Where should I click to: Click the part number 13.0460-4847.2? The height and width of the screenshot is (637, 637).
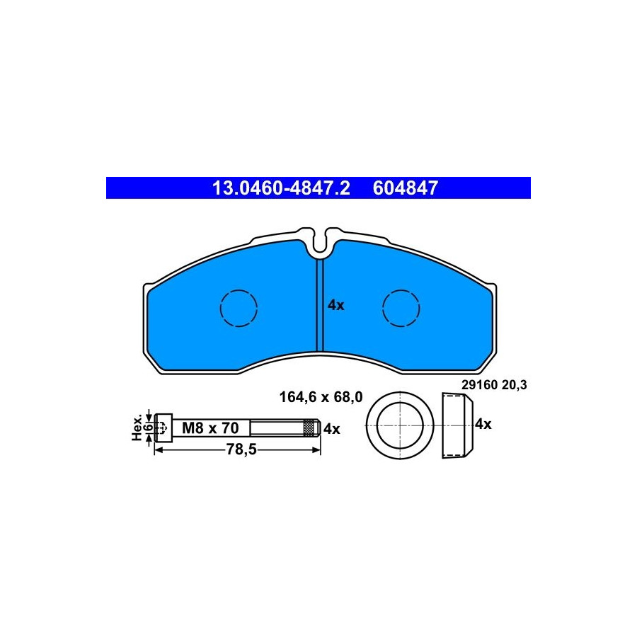[x=281, y=188]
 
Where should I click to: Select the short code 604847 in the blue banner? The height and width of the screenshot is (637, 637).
[x=406, y=188]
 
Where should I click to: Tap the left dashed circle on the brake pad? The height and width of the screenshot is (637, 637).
[x=239, y=308]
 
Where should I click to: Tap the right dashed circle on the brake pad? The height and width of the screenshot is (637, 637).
[x=401, y=308]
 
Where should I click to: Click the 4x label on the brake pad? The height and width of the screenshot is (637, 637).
[x=336, y=305]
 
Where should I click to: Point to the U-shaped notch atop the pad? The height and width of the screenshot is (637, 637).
[x=319, y=243]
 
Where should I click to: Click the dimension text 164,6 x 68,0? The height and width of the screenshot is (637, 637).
[x=321, y=397]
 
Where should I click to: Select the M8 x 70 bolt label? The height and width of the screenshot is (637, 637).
[x=210, y=427]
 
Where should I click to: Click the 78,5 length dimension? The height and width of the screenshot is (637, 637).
[x=241, y=449]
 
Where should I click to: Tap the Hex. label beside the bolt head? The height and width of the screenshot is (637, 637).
[x=137, y=427]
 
